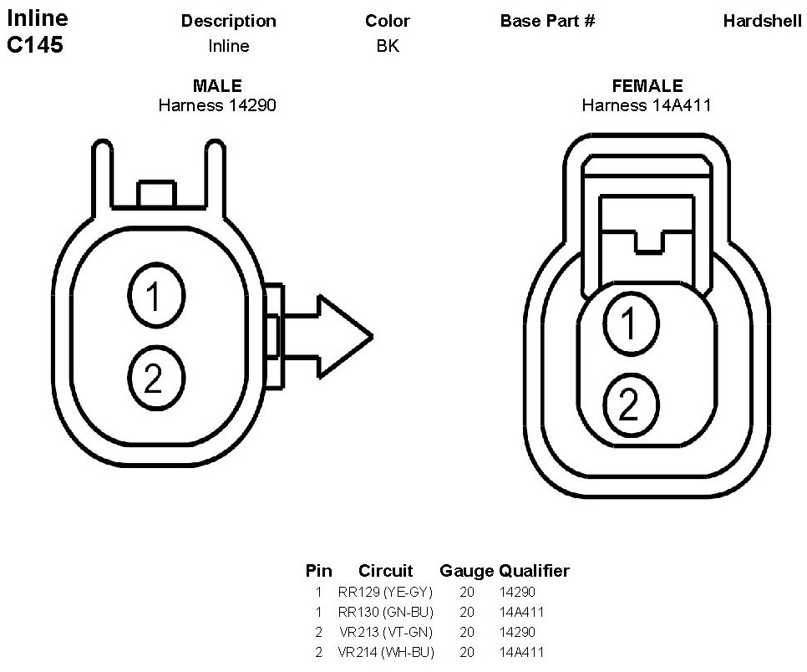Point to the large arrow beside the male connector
point(327,337)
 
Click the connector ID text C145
point(35,45)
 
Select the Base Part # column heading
point(547,21)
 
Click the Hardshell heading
point(762,21)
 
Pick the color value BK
point(388,46)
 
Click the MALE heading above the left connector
point(217,85)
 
